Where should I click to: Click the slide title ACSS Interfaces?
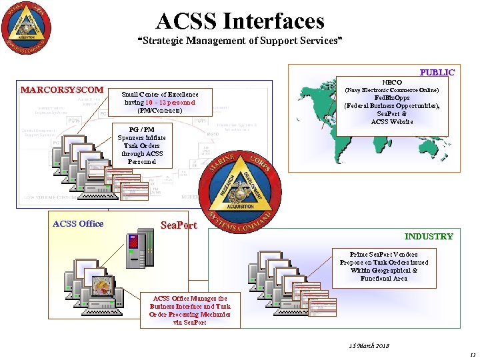[x=240, y=21]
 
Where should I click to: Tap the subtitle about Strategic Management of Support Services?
[x=240, y=41]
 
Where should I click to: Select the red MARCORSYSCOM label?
[x=62, y=89]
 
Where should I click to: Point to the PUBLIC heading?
[x=437, y=72]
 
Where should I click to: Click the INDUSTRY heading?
[x=429, y=236]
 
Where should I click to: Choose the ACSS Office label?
[x=78, y=223]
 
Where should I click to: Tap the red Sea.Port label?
[x=179, y=225]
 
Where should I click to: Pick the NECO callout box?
[x=391, y=101]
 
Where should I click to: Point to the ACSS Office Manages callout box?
[x=190, y=311]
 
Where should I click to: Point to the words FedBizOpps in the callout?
[x=391, y=97]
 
